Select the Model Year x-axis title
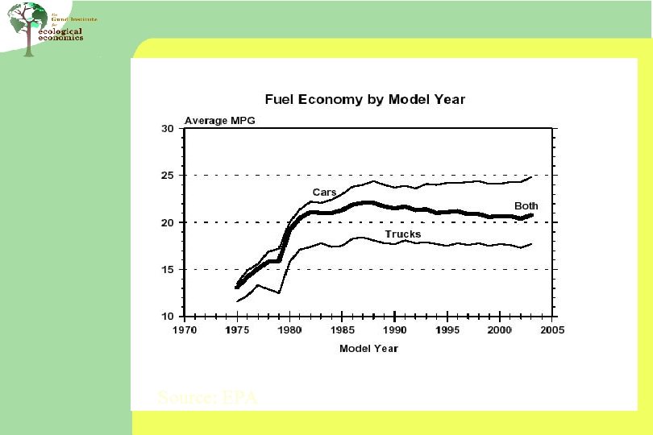(368, 348)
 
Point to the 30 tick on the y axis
(168, 129)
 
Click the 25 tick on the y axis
(168, 176)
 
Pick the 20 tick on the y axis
(168, 222)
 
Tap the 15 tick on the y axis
(168, 269)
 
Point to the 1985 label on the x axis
(342, 330)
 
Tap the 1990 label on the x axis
(394, 330)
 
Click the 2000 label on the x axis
(500, 330)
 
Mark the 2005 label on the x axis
(552, 330)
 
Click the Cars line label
(324, 192)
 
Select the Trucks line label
(402, 234)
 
